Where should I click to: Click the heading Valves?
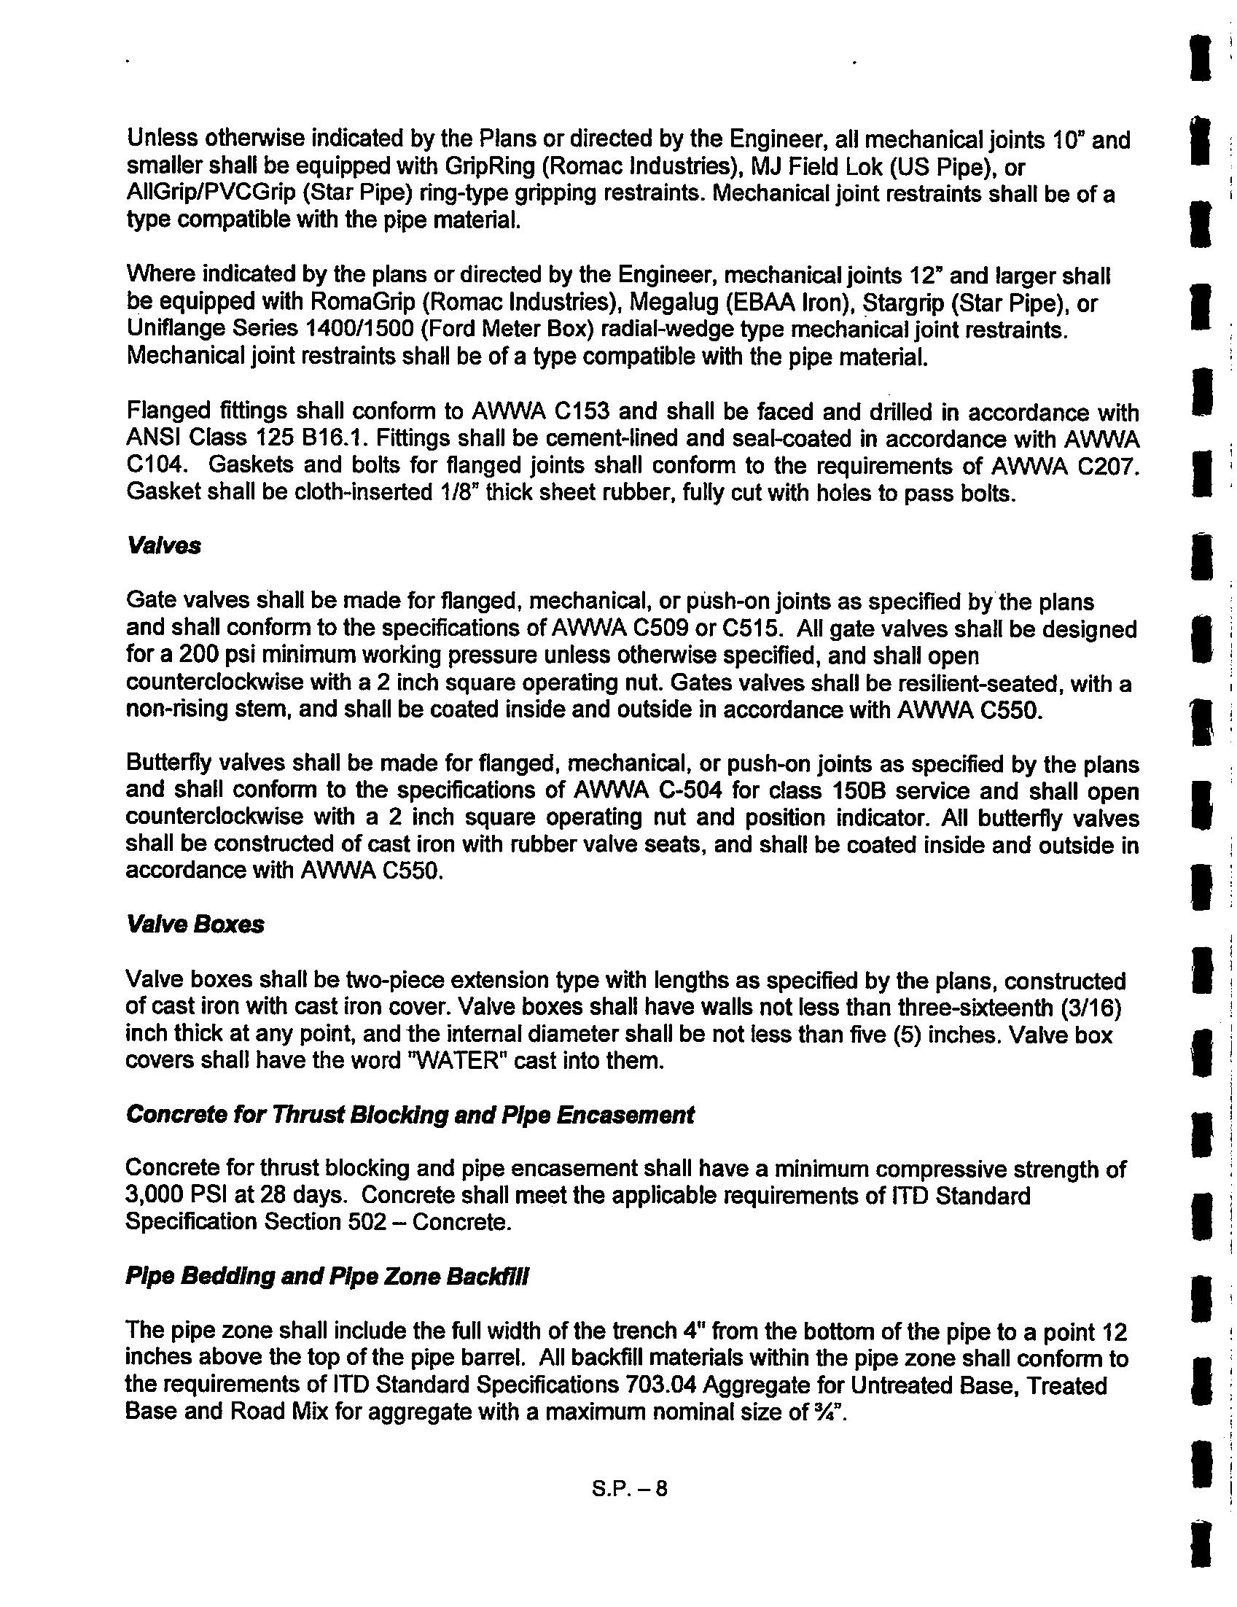coord(163,547)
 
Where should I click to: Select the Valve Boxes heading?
coord(195,925)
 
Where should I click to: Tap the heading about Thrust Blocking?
coord(410,1115)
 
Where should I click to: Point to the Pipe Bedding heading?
coord(327,1277)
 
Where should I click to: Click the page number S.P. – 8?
coord(629,1490)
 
